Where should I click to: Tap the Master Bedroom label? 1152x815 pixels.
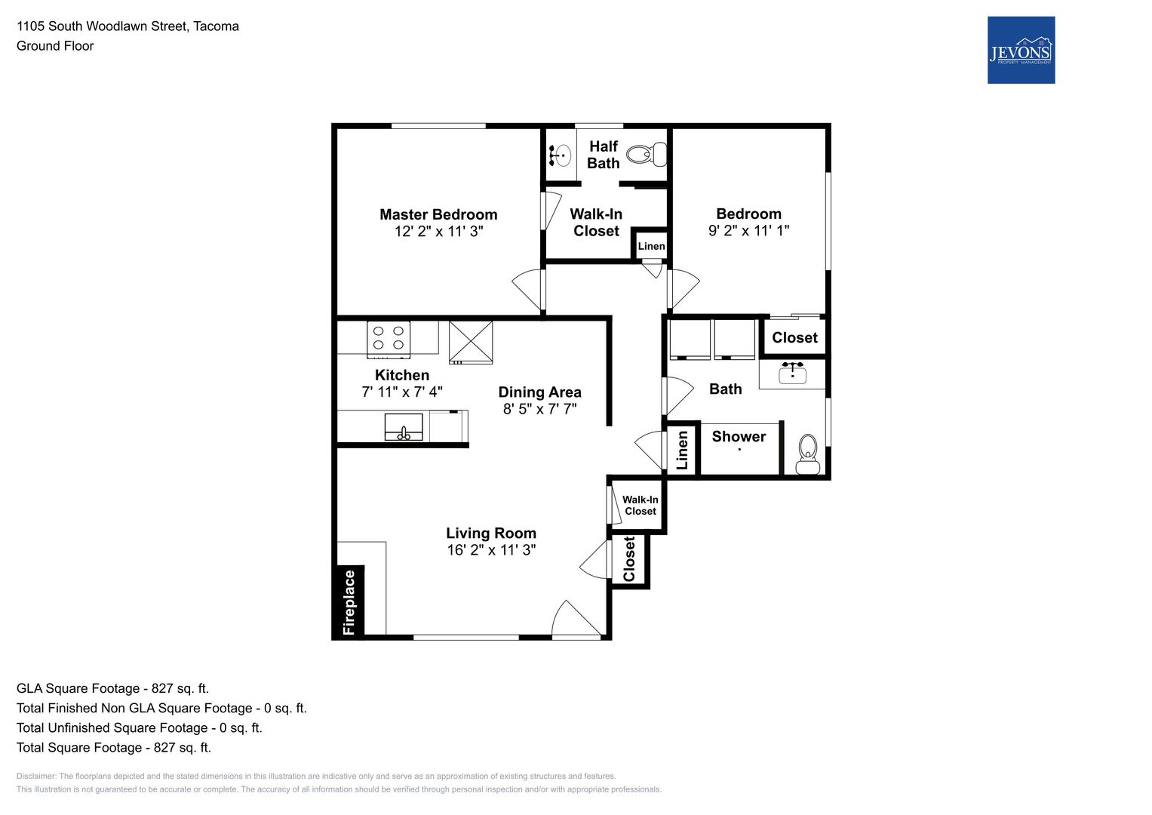click(x=438, y=214)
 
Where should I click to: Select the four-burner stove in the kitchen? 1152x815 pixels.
click(x=389, y=340)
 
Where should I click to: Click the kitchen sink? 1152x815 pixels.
click(x=404, y=426)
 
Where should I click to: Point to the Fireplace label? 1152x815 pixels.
click(x=349, y=602)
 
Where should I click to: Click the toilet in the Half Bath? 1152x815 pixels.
click(x=647, y=155)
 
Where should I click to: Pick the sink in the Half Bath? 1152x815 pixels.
click(x=561, y=155)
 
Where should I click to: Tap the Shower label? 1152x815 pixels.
click(x=739, y=436)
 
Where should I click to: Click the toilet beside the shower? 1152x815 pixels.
click(x=807, y=454)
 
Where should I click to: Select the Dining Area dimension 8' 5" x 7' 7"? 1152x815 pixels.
click(x=539, y=408)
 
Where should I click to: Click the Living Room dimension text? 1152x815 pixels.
click(x=491, y=549)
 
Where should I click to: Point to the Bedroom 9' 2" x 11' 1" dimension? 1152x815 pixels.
click(x=748, y=230)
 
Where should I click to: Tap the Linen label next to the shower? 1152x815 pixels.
click(x=682, y=451)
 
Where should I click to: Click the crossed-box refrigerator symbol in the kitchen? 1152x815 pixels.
click(x=471, y=342)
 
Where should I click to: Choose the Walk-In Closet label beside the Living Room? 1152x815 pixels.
click(x=640, y=506)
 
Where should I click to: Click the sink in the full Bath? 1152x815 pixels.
click(x=792, y=373)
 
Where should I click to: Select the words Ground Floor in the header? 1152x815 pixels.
click(x=55, y=46)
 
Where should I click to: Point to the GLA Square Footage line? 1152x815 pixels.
click(x=112, y=688)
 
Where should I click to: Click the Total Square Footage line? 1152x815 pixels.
click(x=114, y=747)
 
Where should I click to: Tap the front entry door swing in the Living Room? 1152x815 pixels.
click(x=576, y=619)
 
